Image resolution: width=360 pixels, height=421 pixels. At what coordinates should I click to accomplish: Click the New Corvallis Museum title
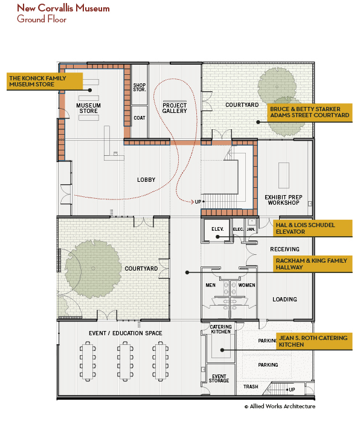point(63,8)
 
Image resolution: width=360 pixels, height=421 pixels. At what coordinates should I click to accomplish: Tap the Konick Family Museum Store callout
point(45,82)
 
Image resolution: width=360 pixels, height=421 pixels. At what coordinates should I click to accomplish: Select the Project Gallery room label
point(175,108)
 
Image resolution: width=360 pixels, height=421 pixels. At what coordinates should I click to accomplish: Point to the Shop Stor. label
point(140,87)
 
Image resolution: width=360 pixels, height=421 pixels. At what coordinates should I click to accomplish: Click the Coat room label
point(140,118)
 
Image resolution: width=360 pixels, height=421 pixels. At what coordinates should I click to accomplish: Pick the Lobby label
point(146,179)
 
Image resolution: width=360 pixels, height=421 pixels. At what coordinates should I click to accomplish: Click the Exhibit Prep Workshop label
point(283,200)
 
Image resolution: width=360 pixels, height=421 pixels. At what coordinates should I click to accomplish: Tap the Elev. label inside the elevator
point(217,229)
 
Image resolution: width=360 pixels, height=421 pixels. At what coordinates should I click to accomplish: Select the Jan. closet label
point(251,230)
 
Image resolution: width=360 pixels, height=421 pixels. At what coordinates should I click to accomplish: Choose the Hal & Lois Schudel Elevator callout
point(312,228)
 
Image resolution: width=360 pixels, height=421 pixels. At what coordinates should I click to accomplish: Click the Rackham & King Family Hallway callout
point(312,264)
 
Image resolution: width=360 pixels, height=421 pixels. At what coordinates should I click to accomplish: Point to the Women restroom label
point(246,285)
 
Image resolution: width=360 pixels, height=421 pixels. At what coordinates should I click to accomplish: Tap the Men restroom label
point(210,285)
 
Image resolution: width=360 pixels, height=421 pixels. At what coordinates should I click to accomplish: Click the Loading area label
point(285,300)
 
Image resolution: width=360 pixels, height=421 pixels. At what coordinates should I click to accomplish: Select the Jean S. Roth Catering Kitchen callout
point(314,341)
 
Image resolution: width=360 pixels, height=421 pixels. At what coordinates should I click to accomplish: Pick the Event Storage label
point(219,379)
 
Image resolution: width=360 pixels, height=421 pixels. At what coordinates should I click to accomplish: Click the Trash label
point(251,387)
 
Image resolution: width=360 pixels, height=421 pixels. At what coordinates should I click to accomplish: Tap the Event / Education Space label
point(126,333)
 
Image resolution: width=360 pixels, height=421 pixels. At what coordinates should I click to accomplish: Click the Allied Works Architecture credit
point(280,407)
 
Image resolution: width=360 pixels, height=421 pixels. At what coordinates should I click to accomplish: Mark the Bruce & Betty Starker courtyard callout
point(309,112)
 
